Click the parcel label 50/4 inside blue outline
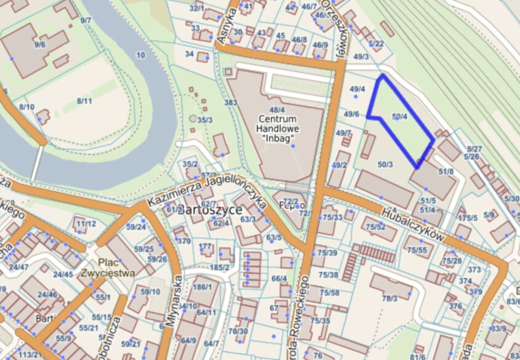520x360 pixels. [x=400, y=116]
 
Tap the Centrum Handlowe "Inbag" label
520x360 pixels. [x=279, y=127]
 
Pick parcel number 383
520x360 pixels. [x=231, y=102]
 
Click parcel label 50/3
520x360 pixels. [x=385, y=164]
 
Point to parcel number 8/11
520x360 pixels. [x=84, y=101]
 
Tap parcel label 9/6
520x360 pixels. [x=41, y=45]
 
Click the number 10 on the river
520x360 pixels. [x=141, y=55]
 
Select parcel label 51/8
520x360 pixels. [x=446, y=171]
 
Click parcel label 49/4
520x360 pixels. [x=358, y=89]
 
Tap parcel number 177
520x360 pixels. [x=206, y=246]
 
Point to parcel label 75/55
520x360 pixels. [x=417, y=249]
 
